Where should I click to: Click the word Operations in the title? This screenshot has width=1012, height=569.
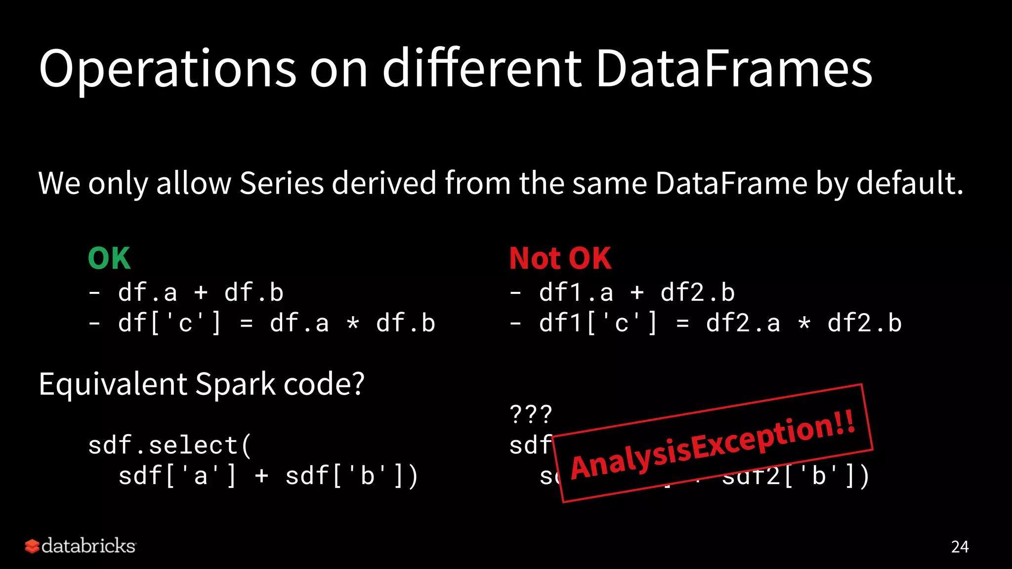(x=167, y=69)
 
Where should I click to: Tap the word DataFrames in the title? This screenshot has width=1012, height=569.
(x=734, y=69)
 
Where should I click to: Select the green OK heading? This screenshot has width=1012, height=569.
(x=109, y=258)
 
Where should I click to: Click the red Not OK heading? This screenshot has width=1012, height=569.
(x=560, y=258)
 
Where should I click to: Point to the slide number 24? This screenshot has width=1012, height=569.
(x=960, y=547)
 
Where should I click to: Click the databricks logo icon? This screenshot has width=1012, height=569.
(x=32, y=546)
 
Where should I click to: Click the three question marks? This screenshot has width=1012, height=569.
(x=531, y=414)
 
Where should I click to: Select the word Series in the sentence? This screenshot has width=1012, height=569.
(x=282, y=183)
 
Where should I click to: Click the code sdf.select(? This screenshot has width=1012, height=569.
(x=170, y=446)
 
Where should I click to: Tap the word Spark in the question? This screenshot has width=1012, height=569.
(x=235, y=384)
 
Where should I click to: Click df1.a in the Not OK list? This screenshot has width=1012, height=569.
(x=576, y=293)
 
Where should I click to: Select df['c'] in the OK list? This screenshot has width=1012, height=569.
(x=169, y=324)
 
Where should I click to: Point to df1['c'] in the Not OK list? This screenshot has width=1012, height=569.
(x=598, y=324)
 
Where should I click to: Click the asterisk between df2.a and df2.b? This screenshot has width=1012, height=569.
(x=804, y=324)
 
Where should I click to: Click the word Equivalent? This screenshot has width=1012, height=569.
(x=113, y=384)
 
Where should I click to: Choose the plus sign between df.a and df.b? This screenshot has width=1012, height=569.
(x=201, y=293)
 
